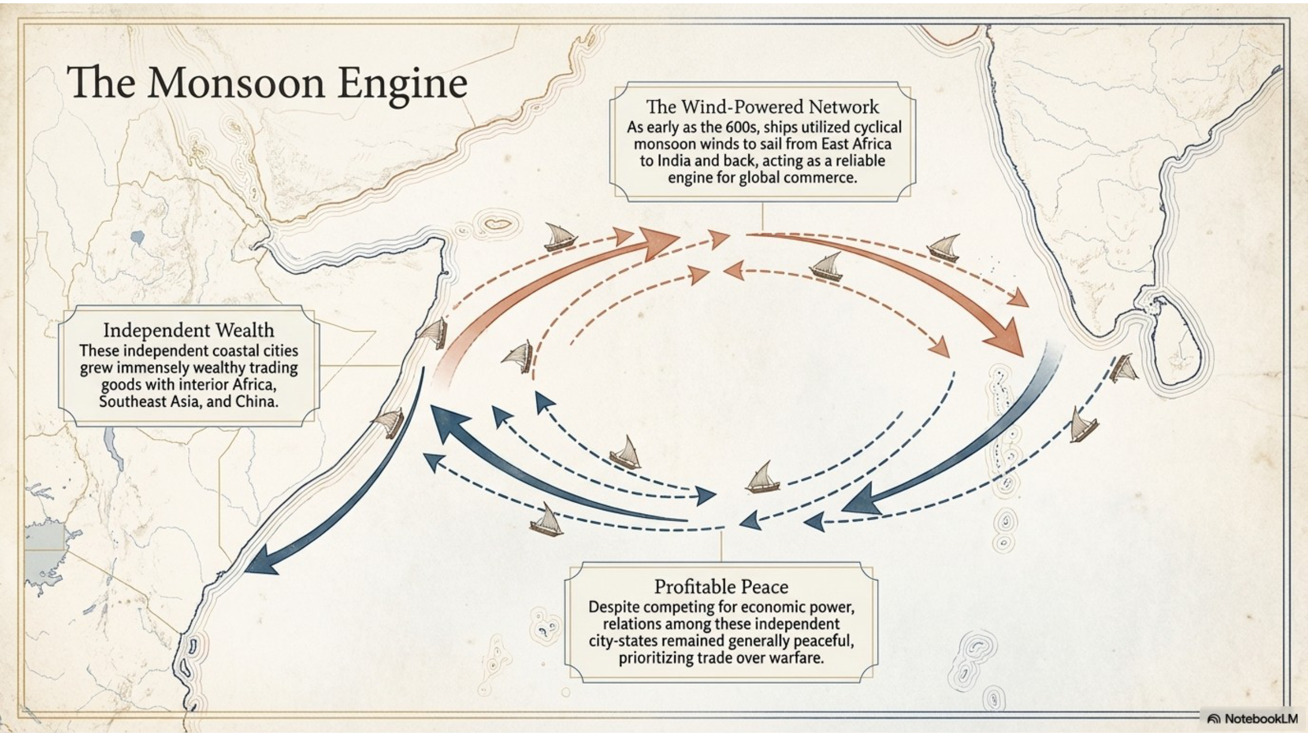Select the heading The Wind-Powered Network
[762, 106]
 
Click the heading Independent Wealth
[189, 330]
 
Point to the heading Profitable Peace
[721, 587]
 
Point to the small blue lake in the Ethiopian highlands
[137, 237]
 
